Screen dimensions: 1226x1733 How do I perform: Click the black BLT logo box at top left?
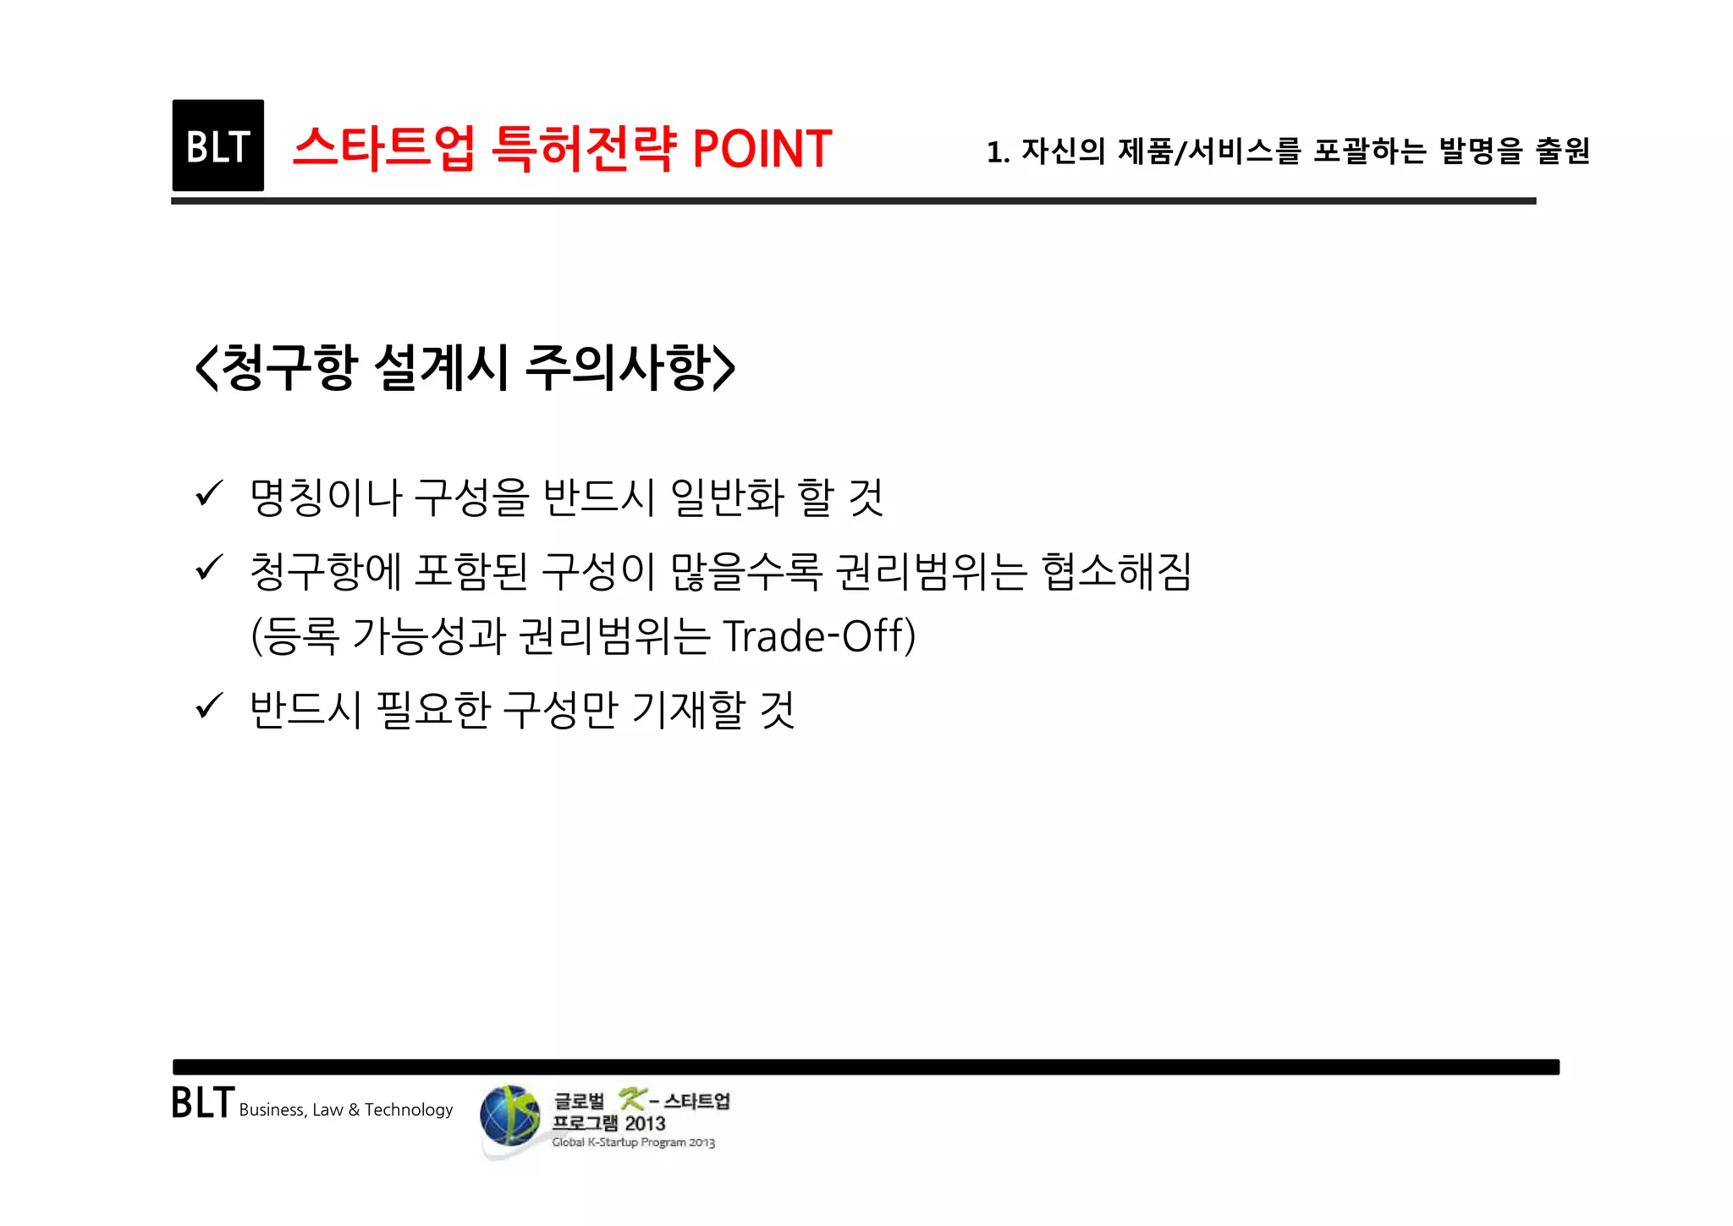tap(217, 146)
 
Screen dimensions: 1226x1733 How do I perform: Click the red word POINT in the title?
tap(762, 149)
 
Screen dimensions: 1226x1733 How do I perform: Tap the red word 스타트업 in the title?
tap(383, 149)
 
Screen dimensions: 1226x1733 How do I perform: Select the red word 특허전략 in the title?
tap(584, 149)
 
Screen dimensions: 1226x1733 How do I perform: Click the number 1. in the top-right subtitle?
tap(998, 152)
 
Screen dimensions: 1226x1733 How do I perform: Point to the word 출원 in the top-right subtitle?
tap(1562, 151)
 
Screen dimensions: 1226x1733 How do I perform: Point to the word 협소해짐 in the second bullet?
tap(1116, 571)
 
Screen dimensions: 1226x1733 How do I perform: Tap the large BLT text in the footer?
tap(202, 1103)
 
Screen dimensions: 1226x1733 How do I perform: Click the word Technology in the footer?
tap(409, 1110)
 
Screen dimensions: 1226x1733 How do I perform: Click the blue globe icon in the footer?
tap(510, 1116)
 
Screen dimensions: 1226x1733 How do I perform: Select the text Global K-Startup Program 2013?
tap(633, 1142)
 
